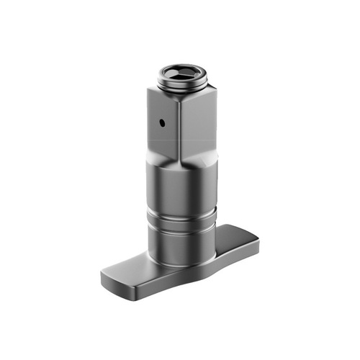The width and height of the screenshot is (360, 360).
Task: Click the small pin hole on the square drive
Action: (163, 122)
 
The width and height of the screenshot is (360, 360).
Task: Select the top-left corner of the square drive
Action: (149, 91)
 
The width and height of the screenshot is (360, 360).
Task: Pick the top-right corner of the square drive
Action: (210, 91)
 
